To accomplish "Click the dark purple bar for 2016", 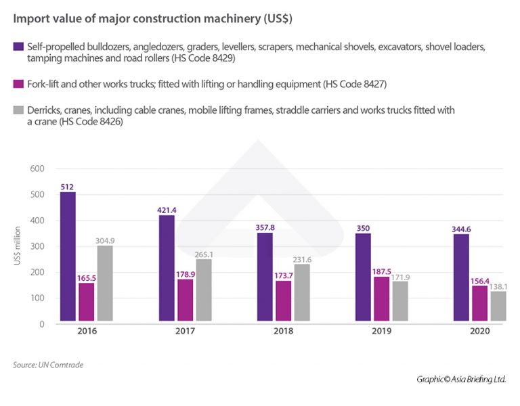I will [x=68, y=258].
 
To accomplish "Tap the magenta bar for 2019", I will [x=383, y=300].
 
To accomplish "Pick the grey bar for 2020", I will [x=498, y=307].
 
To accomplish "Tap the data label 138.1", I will [x=498, y=287].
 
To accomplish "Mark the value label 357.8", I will [x=265, y=226].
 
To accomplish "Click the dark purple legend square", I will [x=18, y=47].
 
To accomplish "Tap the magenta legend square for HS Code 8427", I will [x=18, y=84].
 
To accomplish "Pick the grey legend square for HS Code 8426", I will [x=18, y=110].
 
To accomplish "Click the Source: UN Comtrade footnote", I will [x=48, y=365].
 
